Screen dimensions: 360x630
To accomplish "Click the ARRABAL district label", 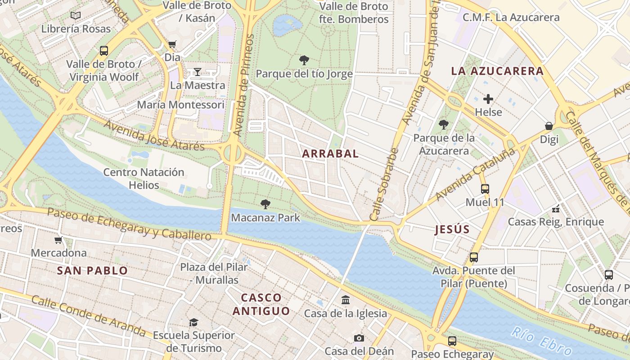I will [x=330, y=153].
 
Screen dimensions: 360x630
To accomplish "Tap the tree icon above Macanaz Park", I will [x=265, y=204].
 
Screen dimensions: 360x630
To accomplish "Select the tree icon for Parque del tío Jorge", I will [x=304, y=60].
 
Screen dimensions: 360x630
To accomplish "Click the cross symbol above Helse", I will [x=488, y=99].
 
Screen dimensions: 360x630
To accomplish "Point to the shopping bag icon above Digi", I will [x=549, y=126].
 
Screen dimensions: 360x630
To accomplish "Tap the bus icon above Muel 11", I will [x=485, y=189].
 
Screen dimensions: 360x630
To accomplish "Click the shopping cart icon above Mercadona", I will [x=58, y=240].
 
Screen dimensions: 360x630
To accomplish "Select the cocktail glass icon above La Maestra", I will [x=197, y=72].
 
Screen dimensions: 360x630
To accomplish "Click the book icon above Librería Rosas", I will [x=76, y=16].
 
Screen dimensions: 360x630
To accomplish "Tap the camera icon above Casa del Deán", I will [x=359, y=338].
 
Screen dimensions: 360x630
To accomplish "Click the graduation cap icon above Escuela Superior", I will [x=193, y=322].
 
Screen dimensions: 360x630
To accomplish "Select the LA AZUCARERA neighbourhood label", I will [x=497, y=71].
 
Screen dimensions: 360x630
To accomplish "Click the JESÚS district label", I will [x=452, y=229].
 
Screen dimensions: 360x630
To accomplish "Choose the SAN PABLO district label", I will [x=93, y=271].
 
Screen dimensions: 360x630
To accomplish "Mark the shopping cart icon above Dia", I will [x=172, y=45].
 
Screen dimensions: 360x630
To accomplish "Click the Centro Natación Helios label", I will [x=144, y=179].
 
